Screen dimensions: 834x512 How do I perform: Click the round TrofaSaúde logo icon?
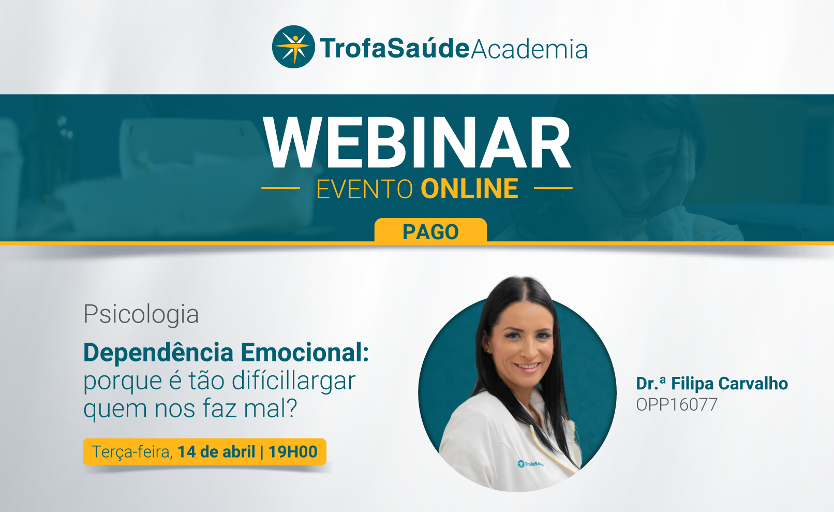coord(293,47)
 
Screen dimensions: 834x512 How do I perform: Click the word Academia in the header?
coord(529,49)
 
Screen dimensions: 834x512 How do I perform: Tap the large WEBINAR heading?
coord(417,143)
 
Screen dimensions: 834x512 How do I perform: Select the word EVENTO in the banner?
coord(365,189)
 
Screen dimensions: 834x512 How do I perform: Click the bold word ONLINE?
coord(469,189)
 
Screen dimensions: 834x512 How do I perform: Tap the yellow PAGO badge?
coord(430,231)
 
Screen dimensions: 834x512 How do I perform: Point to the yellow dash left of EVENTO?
coord(281,188)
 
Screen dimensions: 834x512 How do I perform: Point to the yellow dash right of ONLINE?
coord(553,188)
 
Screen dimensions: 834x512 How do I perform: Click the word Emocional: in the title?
coord(305,352)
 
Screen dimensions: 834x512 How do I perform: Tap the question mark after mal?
coord(291,408)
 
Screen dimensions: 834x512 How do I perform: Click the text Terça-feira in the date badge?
coord(132,452)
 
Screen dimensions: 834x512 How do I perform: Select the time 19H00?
coord(293,451)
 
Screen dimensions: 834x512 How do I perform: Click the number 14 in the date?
coord(187,451)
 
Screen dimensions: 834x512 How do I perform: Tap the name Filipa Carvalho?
coord(729,384)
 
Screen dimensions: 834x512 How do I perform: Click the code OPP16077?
coord(677,404)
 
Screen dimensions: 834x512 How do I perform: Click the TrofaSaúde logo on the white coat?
coord(530,464)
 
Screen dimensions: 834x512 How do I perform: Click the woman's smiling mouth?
coord(527,367)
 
